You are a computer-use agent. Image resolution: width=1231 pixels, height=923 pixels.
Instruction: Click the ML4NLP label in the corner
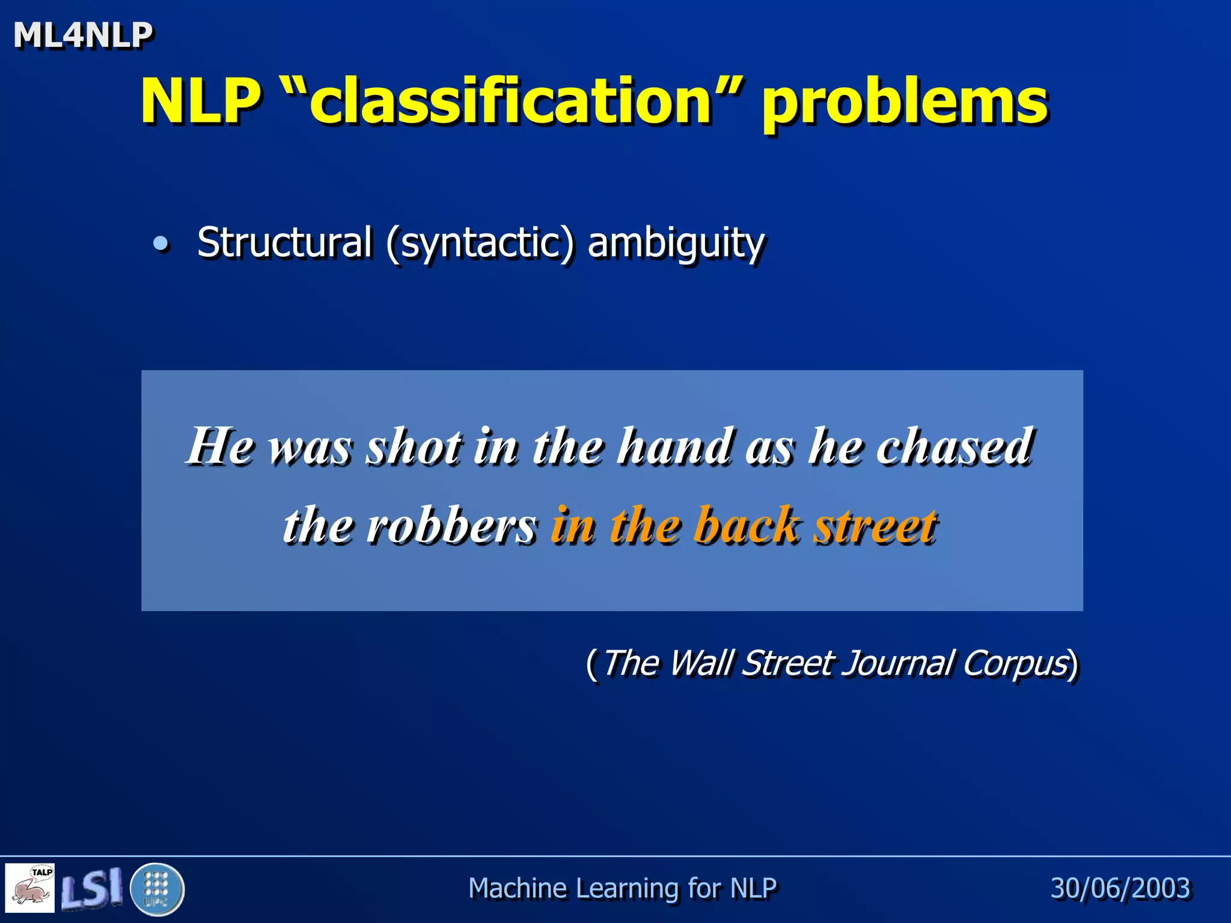tap(83, 35)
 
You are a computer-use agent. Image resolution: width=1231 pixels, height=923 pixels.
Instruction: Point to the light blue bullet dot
tap(160, 244)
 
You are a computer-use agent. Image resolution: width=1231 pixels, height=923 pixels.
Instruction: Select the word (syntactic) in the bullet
tap(480, 244)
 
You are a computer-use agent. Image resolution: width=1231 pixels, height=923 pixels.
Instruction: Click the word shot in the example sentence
tap(415, 447)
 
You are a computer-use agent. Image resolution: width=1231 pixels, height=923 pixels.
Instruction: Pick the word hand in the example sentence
tap(676, 446)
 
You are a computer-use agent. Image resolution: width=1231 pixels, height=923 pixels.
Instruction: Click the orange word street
tap(875, 525)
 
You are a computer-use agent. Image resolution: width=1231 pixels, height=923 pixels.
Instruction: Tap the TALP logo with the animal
tap(30, 888)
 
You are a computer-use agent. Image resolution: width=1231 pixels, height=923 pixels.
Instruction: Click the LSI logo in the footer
tap(92, 888)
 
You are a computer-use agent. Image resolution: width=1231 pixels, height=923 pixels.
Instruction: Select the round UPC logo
tap(157, 889)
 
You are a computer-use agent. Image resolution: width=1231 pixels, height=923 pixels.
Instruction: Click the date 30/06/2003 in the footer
tap(1120, 888)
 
